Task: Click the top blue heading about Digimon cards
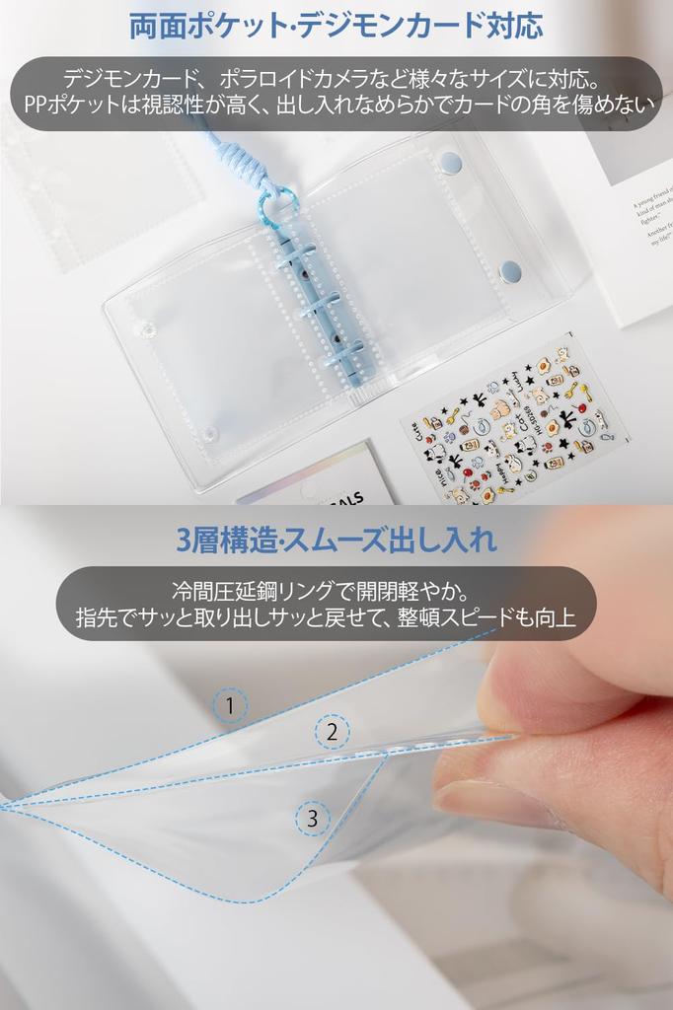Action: point(336,25)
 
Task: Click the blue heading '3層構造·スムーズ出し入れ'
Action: point(336,540)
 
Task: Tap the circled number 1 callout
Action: point(229,705)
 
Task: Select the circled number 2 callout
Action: point(333,731)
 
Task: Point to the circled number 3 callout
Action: point(313,818)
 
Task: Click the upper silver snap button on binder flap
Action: point(450,162)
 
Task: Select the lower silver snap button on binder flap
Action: point(509,269)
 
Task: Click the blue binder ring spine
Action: point(321,296)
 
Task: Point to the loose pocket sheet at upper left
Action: point(99,197)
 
